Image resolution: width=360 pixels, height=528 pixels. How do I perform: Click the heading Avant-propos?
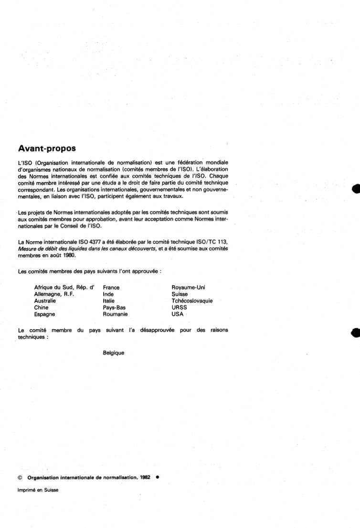click(x=47, y=149)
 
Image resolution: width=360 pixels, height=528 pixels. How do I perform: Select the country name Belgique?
click(x=113, y=353)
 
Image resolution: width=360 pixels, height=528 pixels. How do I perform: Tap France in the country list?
click(x=111, y=288)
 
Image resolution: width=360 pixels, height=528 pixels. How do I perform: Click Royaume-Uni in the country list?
click(x=188, y=288)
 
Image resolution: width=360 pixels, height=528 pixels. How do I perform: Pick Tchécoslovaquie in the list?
click(x=192, y=301)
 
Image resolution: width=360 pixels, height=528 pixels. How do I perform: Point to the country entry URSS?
click(x=180, y=308)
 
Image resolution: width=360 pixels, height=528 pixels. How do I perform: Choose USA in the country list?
click(x=178, y=314)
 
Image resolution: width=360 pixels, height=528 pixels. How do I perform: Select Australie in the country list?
click(x=45, y=301)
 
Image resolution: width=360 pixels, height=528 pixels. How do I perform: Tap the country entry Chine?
click(x=41, y=308)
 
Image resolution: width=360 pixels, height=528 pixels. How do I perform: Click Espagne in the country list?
click(x=44, y=314)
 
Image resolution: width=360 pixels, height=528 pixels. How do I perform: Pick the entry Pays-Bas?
click(x=114, y=308)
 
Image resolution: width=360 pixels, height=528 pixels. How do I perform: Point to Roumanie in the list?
click(x=115, y=314)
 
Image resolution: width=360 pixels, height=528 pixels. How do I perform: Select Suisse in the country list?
click(x=180, y=294)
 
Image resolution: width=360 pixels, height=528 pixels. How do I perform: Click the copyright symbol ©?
click(x=20, y=477)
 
